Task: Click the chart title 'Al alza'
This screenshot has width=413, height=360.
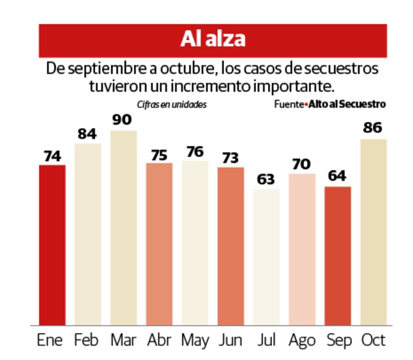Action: (x=213, y=40)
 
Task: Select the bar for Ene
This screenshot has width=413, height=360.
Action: (x=52, y=245)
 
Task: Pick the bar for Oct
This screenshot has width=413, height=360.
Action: (x=373, y=232)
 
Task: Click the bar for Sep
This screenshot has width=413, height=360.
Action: (x=338, y=256)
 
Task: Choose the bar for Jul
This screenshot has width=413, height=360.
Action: (x=266, y=257)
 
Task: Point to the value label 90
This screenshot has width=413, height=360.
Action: (x=123, y=120)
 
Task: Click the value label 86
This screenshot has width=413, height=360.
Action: (x=373, y=128)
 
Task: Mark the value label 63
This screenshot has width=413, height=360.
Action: (x=266, y=179)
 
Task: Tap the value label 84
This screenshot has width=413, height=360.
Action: (x=87, y=133)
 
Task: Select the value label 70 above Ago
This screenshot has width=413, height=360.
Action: (x=302, y=164)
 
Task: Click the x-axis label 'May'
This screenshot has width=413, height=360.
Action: (x=194, y=340)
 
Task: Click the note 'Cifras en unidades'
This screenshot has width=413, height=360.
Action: (x=172, y=104)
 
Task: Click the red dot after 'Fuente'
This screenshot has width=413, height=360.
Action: (x=306, y=104)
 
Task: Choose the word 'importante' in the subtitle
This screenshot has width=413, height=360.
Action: (x=300, y=87)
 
